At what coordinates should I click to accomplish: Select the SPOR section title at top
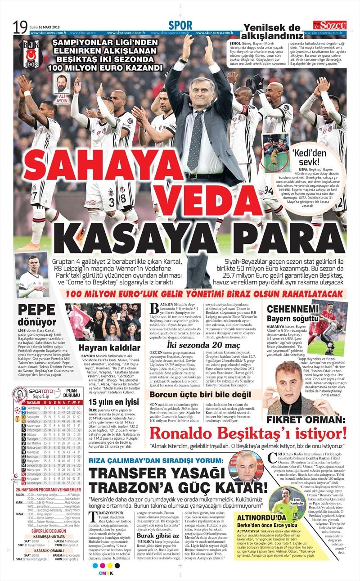[180, 26]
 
